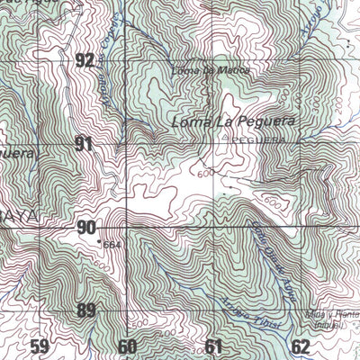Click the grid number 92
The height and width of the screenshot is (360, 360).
click(85, 61)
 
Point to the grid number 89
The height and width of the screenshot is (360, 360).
click(85, 311)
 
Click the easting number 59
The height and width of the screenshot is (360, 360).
click(39, 346)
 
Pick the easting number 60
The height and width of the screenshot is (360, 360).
click(126, 346)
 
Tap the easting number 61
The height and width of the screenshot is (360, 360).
click(212, 346)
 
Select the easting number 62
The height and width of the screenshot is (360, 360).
click(300, 346)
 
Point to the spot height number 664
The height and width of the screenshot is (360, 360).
click(112, 245)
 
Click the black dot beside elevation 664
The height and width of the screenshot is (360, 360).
click(97, 241)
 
